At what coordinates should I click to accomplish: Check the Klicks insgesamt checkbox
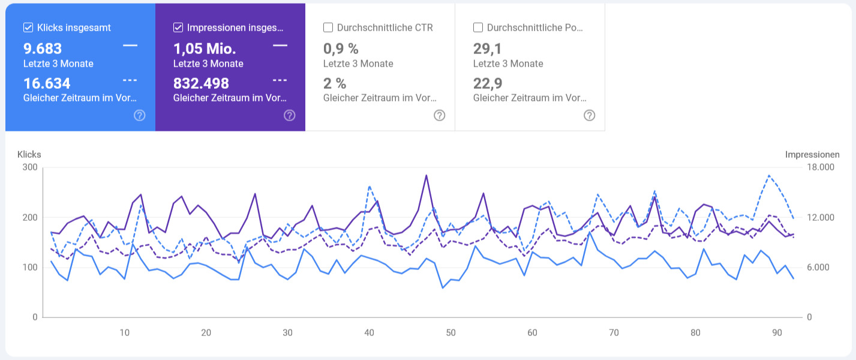click(28, 28)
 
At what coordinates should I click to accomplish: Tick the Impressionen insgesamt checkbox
click(178, 28)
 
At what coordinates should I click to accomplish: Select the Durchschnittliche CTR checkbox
click(328, 28)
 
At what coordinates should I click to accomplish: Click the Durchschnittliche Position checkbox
click(477, 28)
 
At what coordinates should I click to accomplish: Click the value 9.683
click(43, 49)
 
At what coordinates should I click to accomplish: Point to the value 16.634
click(47, 83)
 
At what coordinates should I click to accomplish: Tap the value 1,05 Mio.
click(205, 49)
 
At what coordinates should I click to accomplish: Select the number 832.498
click(201, 83)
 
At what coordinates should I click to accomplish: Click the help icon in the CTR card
click(439, 115)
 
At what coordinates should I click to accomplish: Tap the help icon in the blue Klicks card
click(139, 115)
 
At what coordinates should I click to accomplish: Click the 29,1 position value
click(488, 49)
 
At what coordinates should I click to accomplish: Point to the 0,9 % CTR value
click(341, 49)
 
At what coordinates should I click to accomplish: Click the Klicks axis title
click(29, 155)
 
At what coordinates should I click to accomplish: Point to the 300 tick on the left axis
click(31, 167)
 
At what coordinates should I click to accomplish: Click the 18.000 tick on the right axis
click(819, 167)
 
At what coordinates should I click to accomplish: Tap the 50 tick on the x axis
click(450, 333)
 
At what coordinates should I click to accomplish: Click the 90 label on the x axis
click(777, 333)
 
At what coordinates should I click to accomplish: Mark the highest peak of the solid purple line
click(426, 176)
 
